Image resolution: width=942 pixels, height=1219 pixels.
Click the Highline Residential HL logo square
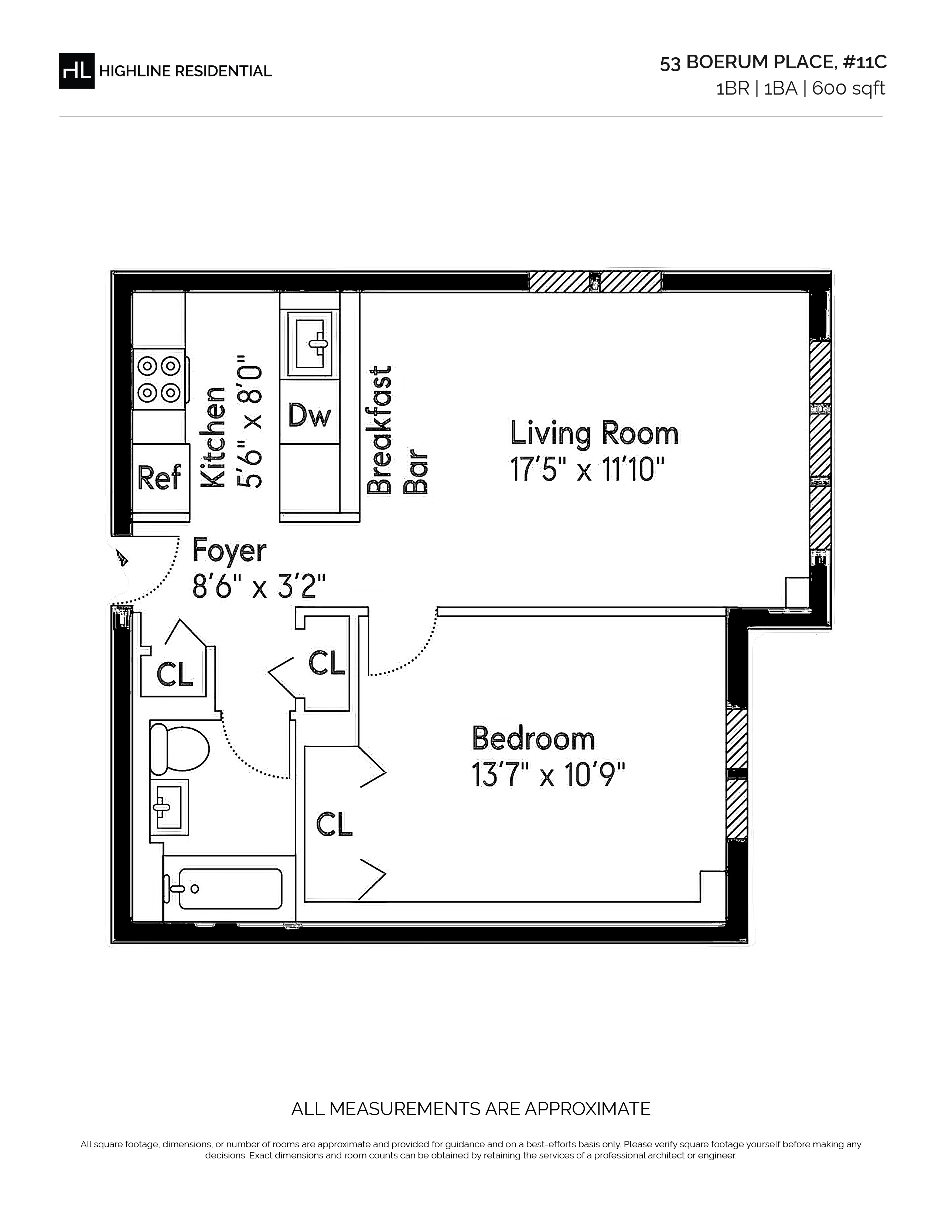pyautogui.click(x=76, y=71)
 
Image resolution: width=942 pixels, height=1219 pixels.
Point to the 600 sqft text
pyautogui.click(x=848, y=89)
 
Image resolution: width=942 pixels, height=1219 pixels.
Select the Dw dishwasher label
pyautogui.click(x=310, y=415)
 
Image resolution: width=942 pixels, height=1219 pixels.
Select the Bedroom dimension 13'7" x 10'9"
pyautogui.click(x=548, y=775)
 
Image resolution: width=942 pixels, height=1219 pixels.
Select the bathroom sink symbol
pyautogui.click(x=169, y=807)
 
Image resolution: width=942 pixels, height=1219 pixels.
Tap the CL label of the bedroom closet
pyautogui.click(x=335, y=824)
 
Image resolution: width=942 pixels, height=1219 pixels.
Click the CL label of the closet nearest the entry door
pyautogui.click(x=175, y=674)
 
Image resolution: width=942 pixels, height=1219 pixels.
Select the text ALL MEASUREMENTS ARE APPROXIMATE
pyautogui.click(x=471, y=1109)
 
